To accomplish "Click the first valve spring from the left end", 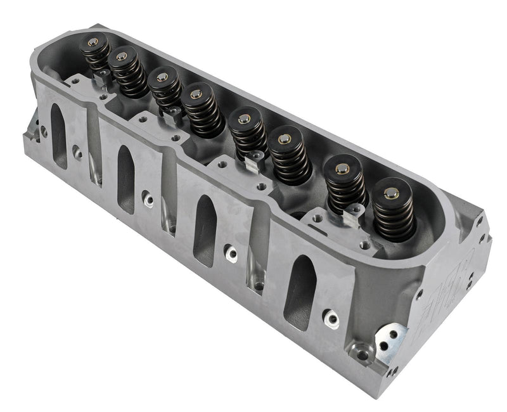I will pos(96,54).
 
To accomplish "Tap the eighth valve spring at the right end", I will pos(393,209).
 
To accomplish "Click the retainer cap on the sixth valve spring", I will pos(285,138).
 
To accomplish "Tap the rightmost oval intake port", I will pos(299,291).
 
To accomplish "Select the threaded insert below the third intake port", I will pos(232,254).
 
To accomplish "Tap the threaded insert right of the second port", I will pos(148,200).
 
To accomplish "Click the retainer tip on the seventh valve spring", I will pos(342,167).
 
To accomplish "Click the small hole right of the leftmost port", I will pos(77,152).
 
